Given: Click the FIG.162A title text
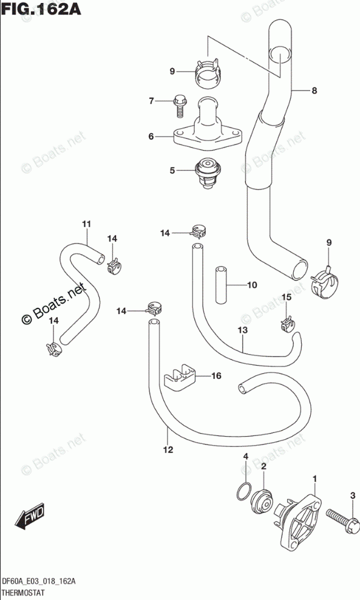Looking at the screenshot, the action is tap(42, 9).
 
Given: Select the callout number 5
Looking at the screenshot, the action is tap(172, 170).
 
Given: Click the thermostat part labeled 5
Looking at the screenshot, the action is tap(205, 174).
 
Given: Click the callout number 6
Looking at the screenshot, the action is tap(151, 136).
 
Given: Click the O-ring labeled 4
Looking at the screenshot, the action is tap(243, 491).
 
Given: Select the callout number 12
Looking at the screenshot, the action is tap(168, 449).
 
